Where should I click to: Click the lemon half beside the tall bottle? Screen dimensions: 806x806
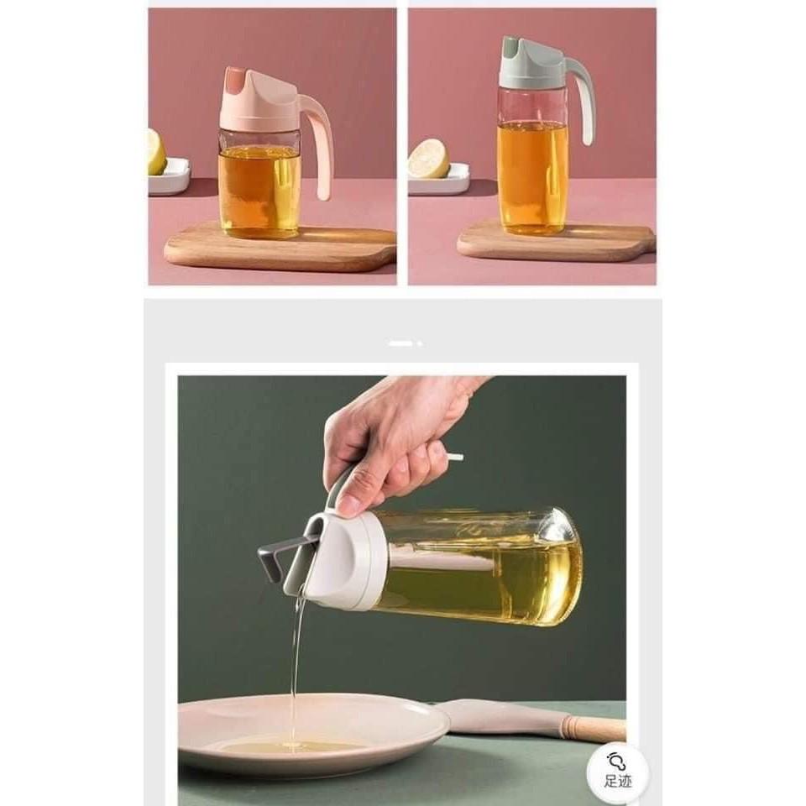tap(429, 158)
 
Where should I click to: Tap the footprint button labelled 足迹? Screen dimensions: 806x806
tap(618, 768)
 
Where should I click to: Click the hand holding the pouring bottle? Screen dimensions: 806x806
tap(395, 437)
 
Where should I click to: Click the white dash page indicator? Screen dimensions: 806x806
tap(401, 343)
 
